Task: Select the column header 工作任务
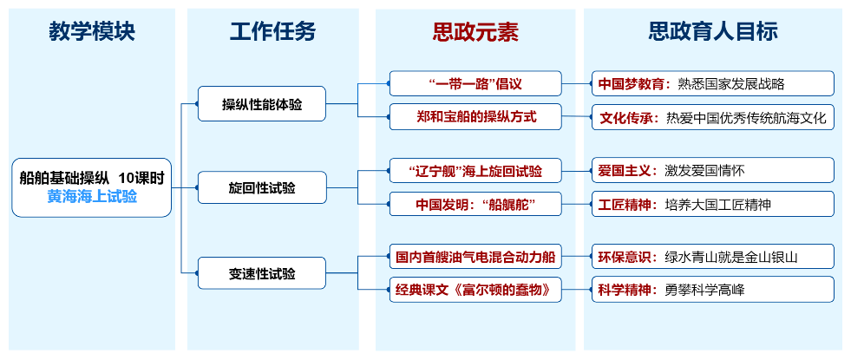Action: coord(272,32)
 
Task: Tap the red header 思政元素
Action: coord(475,32)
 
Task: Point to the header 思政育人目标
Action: coord(713,32)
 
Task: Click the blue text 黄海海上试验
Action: coord(92,197)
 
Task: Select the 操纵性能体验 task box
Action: coord(262,105)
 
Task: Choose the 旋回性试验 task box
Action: coord(262,187)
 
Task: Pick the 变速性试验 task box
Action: coord(262,274)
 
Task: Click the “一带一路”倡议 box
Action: coord(475,84)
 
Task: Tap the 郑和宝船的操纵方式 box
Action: coord(475,117)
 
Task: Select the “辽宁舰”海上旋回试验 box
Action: coord(475,170)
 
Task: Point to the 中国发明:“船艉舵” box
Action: coord(475,205)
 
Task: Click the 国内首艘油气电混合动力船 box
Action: coord(475,257)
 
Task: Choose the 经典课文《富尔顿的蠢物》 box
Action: coord(475,290)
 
